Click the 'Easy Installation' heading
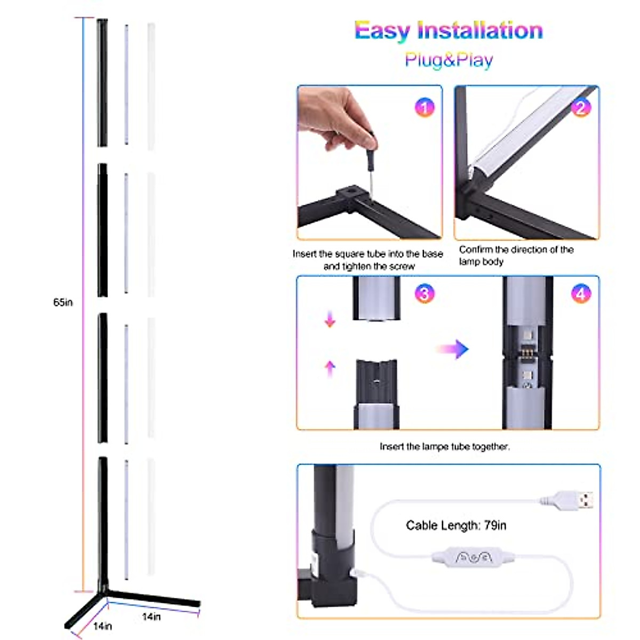[x=449, y=31]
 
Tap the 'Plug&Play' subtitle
[x=449, y=60]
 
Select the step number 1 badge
[x=425, y=108]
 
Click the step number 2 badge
[x=581, y=108]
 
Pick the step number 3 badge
[x=425, y=293]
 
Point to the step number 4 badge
[x=581, y=293]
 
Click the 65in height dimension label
[x=63, y=302]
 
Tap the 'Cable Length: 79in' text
[x=456, y=525]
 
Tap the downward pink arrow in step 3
[x=330, y=319]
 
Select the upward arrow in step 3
[x=330, y=368]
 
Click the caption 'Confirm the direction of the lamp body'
[x=516, y=255]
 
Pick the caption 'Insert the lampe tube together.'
[x=444, y=446]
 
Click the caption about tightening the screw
[x=368, y=260]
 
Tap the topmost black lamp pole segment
[x=102, y=83]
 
